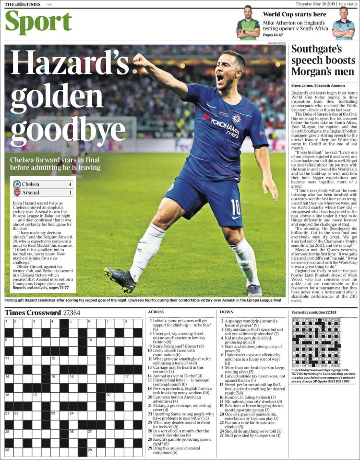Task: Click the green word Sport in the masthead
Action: point(38,22)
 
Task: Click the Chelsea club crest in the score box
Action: point(17,184)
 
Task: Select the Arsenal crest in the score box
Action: point(17,193)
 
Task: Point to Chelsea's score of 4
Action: point(70,184)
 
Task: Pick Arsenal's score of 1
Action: point(70,193)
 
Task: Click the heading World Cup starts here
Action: point(294,14)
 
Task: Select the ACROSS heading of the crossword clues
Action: point(156,312)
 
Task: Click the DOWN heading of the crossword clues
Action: point(227,312)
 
